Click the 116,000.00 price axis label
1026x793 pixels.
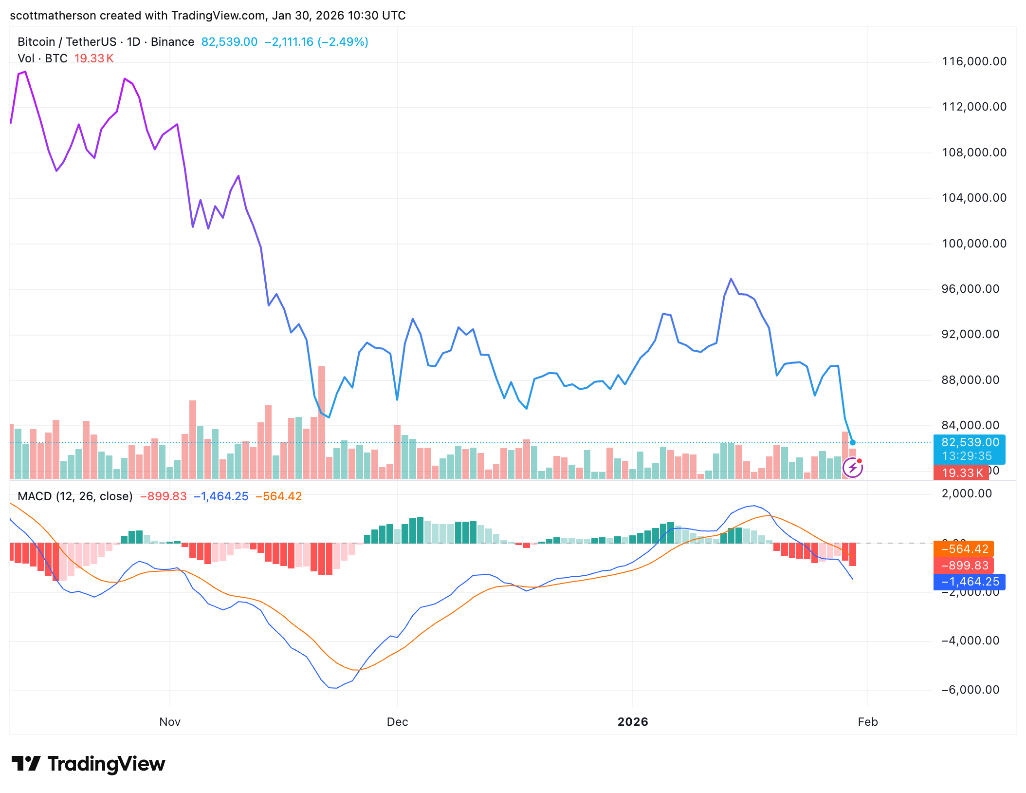[x=974, y=61]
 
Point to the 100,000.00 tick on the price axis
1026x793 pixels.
[x=974, y=244]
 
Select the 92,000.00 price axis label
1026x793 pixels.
[x=970, y=334]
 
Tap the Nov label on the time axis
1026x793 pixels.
[x=170, y=722]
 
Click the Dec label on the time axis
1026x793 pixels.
[x=397, y=722]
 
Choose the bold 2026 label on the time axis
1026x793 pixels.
[x=633, y=722]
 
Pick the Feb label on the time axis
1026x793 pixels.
[x=867, y=722]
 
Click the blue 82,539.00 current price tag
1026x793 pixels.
[x=970, y=442]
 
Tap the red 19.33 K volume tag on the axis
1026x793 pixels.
[x=962, y=472]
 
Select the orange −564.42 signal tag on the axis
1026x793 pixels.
[x=964, y=549]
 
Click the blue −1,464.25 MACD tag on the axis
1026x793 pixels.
[x=970, y=582]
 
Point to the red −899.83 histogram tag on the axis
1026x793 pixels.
[x=964, y=566]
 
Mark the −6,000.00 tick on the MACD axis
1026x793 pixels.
[x=970, y=690]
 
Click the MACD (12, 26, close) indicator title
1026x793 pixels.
[x=75, y=496]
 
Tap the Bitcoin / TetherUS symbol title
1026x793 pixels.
[x=67, y=42]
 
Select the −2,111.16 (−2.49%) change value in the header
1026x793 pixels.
[x=316, y=42]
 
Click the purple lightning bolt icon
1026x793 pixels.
[x=852, y=468]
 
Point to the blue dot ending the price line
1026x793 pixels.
[x=853, y=443]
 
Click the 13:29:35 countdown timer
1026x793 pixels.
[x=967, y=456]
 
